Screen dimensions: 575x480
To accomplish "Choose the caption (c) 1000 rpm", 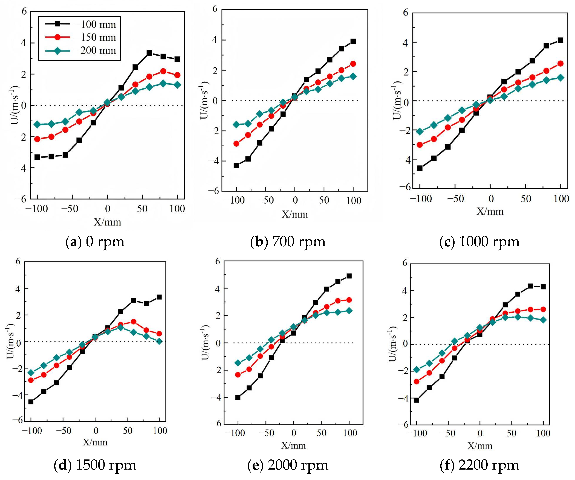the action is (x=479, y=242).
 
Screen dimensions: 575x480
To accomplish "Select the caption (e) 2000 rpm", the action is (x=288, y=465).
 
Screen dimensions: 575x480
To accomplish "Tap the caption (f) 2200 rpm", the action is (x=479, y=465).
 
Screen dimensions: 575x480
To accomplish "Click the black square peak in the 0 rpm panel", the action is (x=149, y=53).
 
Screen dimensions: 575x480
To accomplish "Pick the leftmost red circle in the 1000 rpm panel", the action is (x=420, y=145).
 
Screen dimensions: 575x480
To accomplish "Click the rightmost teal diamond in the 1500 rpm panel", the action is (x=159, y=341).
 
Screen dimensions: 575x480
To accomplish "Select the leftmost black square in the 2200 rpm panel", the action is (x=417, y=400).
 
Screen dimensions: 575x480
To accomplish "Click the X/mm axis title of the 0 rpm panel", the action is (x=107, y=222).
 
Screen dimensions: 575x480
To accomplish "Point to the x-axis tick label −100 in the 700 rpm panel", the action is (x=234, y=200).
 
